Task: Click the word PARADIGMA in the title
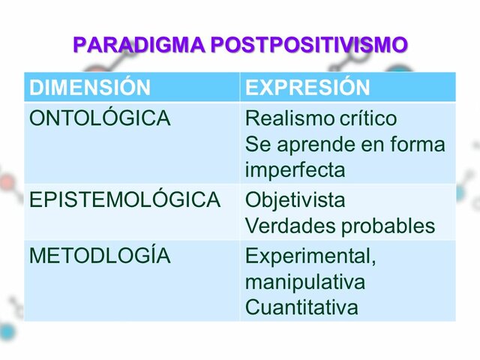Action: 138,45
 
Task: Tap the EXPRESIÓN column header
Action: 307,88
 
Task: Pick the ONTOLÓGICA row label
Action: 100,118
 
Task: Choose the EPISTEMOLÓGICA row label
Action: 124,200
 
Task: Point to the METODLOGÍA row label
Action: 100,256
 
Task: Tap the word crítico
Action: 367,118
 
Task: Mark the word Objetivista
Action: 295,200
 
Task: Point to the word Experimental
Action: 310,256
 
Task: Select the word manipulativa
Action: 305,282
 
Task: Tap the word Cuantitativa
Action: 301,307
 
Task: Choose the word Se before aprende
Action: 257,144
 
